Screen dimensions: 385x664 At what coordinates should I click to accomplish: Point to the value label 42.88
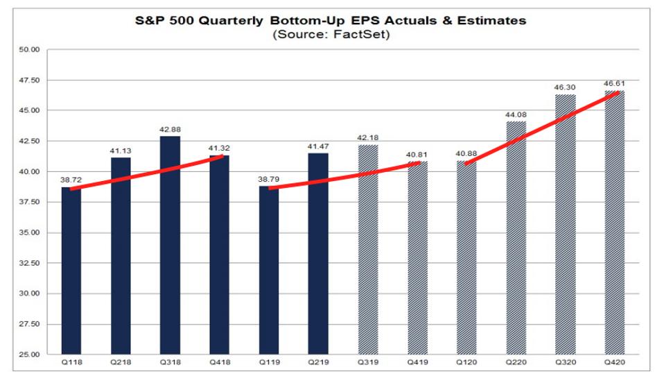pos(170,130)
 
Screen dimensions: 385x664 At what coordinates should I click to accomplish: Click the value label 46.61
pos(615,84)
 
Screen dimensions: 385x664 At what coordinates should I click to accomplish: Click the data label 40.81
pos(417,155)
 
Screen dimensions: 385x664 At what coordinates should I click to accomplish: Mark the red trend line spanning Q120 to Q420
pos(541,129)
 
